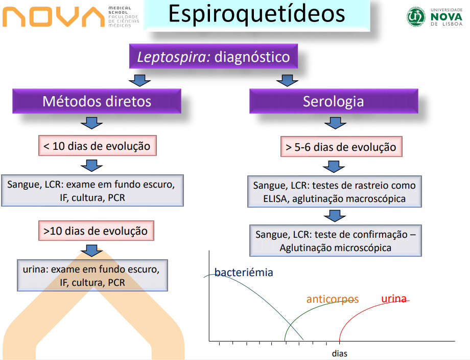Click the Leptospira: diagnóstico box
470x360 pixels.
(x=214, y=56)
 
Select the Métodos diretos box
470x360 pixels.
(x=97, y=101)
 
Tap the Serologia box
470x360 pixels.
(x=333, y=101)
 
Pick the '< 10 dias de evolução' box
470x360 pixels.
(x=97, y=146)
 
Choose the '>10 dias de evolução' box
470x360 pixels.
(x=96, y=231)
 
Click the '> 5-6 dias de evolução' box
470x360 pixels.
(x=341, y=147)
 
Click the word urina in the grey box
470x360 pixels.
(x=36, y=268)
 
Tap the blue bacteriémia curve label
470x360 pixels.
(x=243, y=272)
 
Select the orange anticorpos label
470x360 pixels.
(x=332, y=299)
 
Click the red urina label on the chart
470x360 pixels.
(x=394, y=298)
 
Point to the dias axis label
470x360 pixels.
(x=339, y=353)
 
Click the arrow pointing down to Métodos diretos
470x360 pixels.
(x=139, y=80)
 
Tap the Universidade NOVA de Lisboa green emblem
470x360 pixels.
(x=416, y=17)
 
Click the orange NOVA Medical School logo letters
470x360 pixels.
(x=53, y=17)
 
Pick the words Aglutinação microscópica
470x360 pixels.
(x=335, y=248)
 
